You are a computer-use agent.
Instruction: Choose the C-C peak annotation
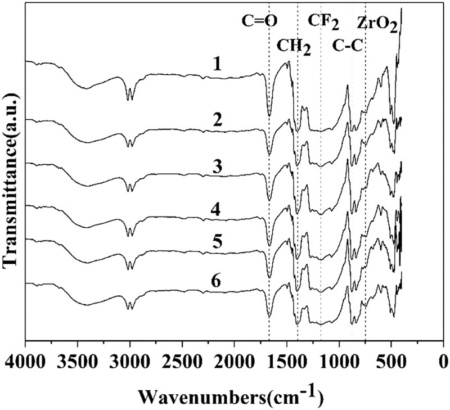pyautogui.click(x=347, y=46)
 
